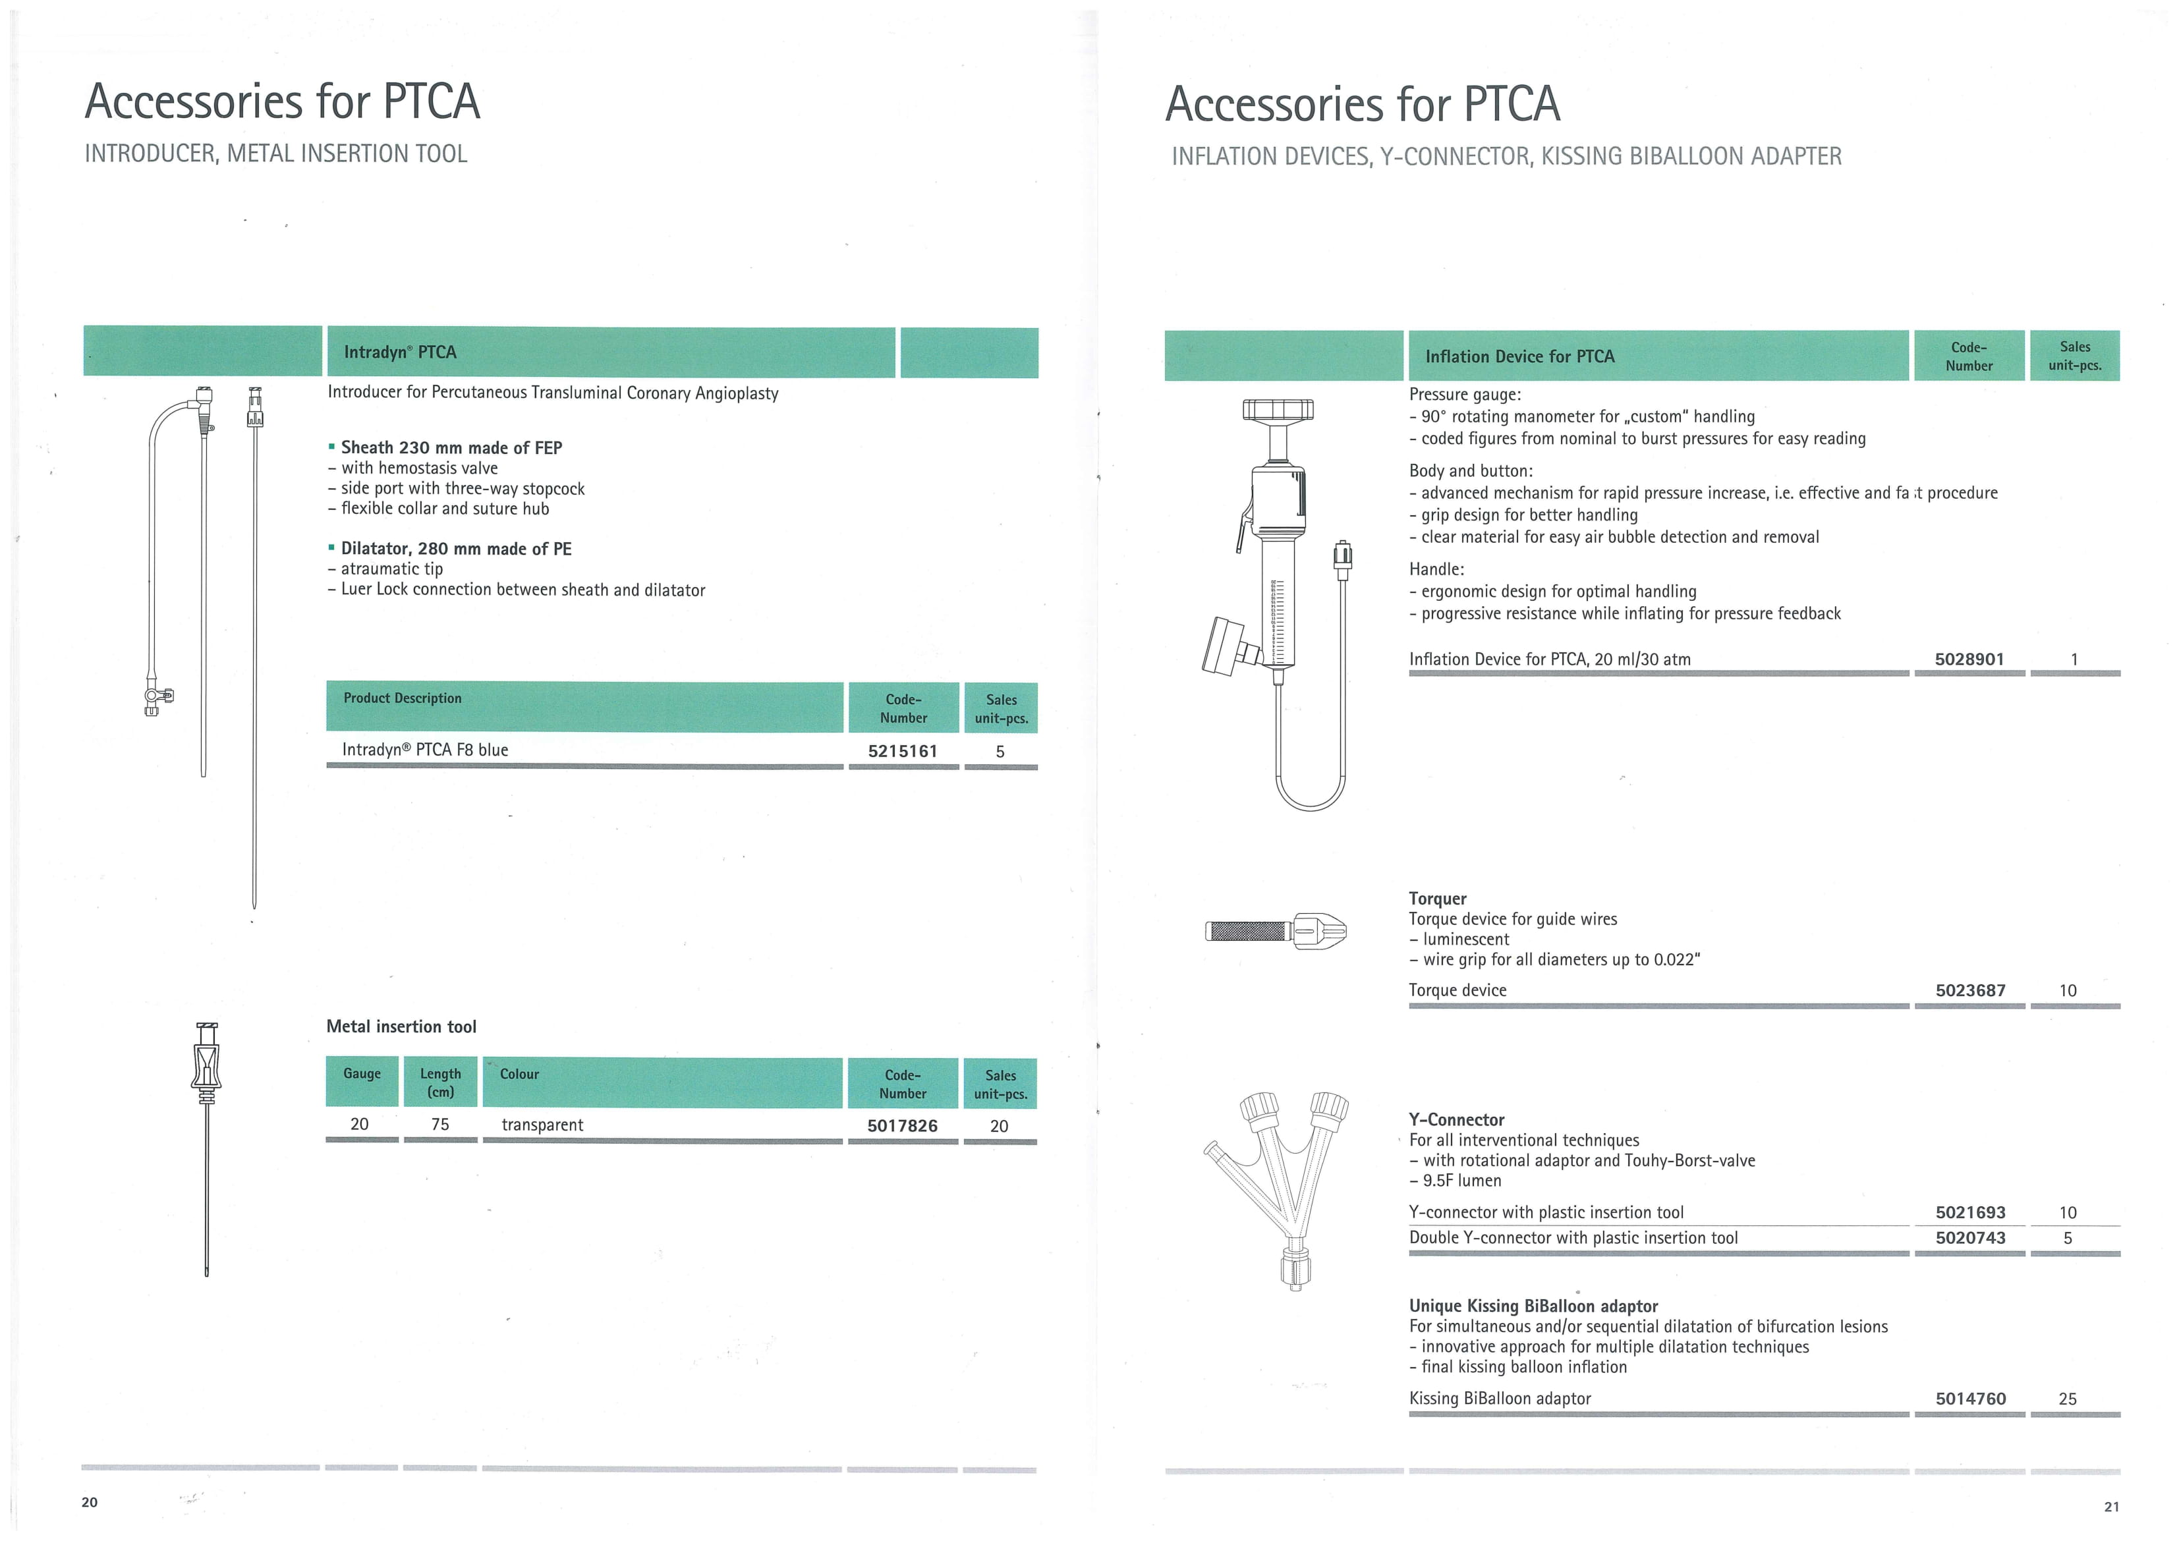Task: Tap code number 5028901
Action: pos(1969,659)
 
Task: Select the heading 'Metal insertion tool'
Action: pos(401,1026)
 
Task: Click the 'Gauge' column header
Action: pos(362,1074)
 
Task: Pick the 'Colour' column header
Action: pos(519,1074)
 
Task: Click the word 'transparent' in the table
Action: pos(542,1125)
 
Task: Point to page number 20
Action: pos(89,1502)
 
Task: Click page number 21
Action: pos(2112,1506)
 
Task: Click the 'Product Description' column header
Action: pos(403,698)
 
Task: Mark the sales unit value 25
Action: pos(2068,1399)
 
